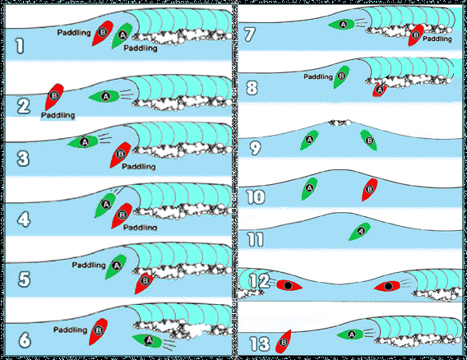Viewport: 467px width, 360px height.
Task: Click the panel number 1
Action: click(20, 47)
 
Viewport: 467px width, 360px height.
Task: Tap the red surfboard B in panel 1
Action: click(103, 33)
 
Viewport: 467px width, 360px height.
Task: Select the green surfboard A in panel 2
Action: click(104, 96)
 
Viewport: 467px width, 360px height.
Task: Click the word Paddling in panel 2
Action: click(58, 115)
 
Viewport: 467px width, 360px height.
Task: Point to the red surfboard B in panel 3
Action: click(120, 155)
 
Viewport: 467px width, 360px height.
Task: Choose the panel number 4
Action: click(24, 219)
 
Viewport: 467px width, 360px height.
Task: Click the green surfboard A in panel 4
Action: click(105, 205)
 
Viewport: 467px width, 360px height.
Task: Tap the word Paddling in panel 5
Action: click(89, 265)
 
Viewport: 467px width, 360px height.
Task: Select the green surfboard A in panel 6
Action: click(147, 340)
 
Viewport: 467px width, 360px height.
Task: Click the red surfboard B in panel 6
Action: click(99, 331)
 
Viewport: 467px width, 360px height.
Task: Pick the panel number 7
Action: click(250, 35)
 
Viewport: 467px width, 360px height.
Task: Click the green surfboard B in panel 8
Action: click(341, 76)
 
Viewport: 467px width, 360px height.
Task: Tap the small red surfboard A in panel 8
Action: click(380, 90)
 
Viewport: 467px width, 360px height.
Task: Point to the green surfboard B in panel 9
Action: click(368, 140)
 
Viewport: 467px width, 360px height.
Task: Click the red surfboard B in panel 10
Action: click(370, 189)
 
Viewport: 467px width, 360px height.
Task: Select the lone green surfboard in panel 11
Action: click(360, 231)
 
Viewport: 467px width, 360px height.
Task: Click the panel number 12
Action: click(259, 281)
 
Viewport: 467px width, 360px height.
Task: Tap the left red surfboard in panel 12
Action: click(289, 285)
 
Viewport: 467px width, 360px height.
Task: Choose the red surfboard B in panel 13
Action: click(283, 342)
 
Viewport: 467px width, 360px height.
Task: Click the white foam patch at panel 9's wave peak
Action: click(340, 122)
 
